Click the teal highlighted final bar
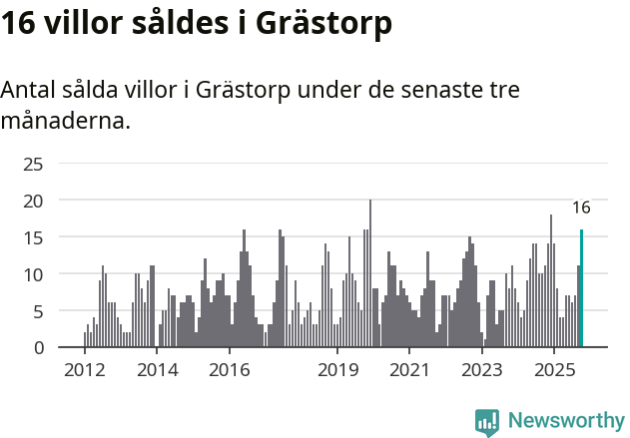[581, 288]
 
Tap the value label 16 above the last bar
[581, 208]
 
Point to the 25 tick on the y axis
[33, 164]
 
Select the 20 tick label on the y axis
[33, 201]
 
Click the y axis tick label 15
[33, 237]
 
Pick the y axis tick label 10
[33, 274]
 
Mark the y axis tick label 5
[38, 311]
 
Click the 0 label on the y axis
[38, 347]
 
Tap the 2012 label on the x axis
[84, 371]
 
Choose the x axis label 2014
[157, 371]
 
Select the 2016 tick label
[230, 371]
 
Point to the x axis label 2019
[337, 371]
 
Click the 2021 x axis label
[409, 371]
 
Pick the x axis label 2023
[482, 371]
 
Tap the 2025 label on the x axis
[554, 371]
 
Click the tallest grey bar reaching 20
[370, 274]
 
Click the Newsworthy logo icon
[487, 421]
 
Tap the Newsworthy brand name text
[565, 421]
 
